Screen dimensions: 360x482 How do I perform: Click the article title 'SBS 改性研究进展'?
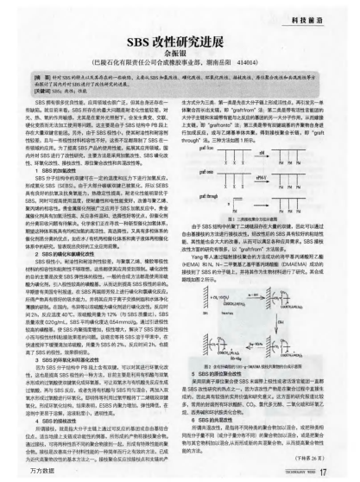179,41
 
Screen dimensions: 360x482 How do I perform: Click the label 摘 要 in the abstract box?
40,79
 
